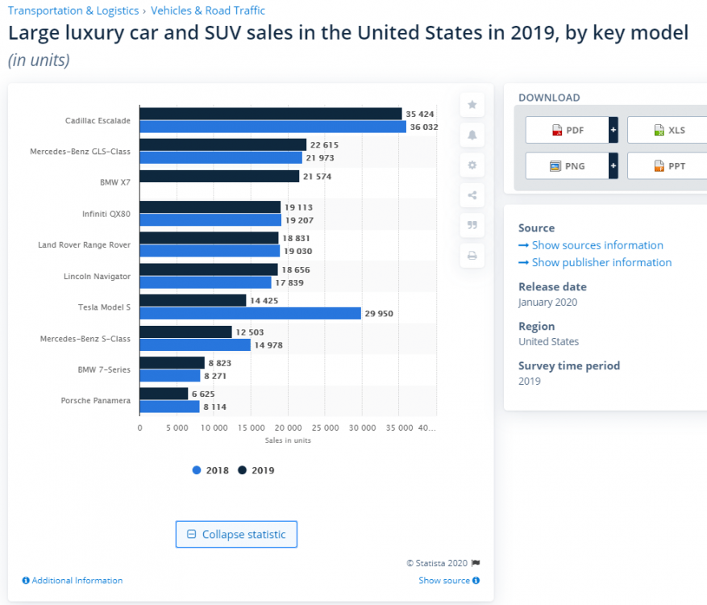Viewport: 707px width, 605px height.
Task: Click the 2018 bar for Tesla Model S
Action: coord(250,313)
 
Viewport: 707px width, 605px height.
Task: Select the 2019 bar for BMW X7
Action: coord(219,176)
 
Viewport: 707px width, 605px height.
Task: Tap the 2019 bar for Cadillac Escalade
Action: coord(270,114)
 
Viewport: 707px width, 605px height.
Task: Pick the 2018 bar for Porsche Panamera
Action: coord(169,407)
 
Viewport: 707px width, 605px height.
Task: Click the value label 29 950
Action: coord(379,314)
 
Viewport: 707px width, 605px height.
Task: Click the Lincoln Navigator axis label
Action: coord(97,276)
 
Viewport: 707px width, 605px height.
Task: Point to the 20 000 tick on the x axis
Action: coord(288,428)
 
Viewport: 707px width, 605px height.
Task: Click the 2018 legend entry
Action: coord(210,470)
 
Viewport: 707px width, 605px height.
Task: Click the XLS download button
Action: coord(669,130)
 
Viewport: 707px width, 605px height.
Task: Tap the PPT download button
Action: coord(669,166)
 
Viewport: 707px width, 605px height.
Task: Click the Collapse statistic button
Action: coord(236,534)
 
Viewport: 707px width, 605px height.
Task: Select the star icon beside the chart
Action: coord(472,105)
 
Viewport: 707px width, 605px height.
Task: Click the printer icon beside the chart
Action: coord(472,256)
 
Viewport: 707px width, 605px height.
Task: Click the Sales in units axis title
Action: coord(288,440)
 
